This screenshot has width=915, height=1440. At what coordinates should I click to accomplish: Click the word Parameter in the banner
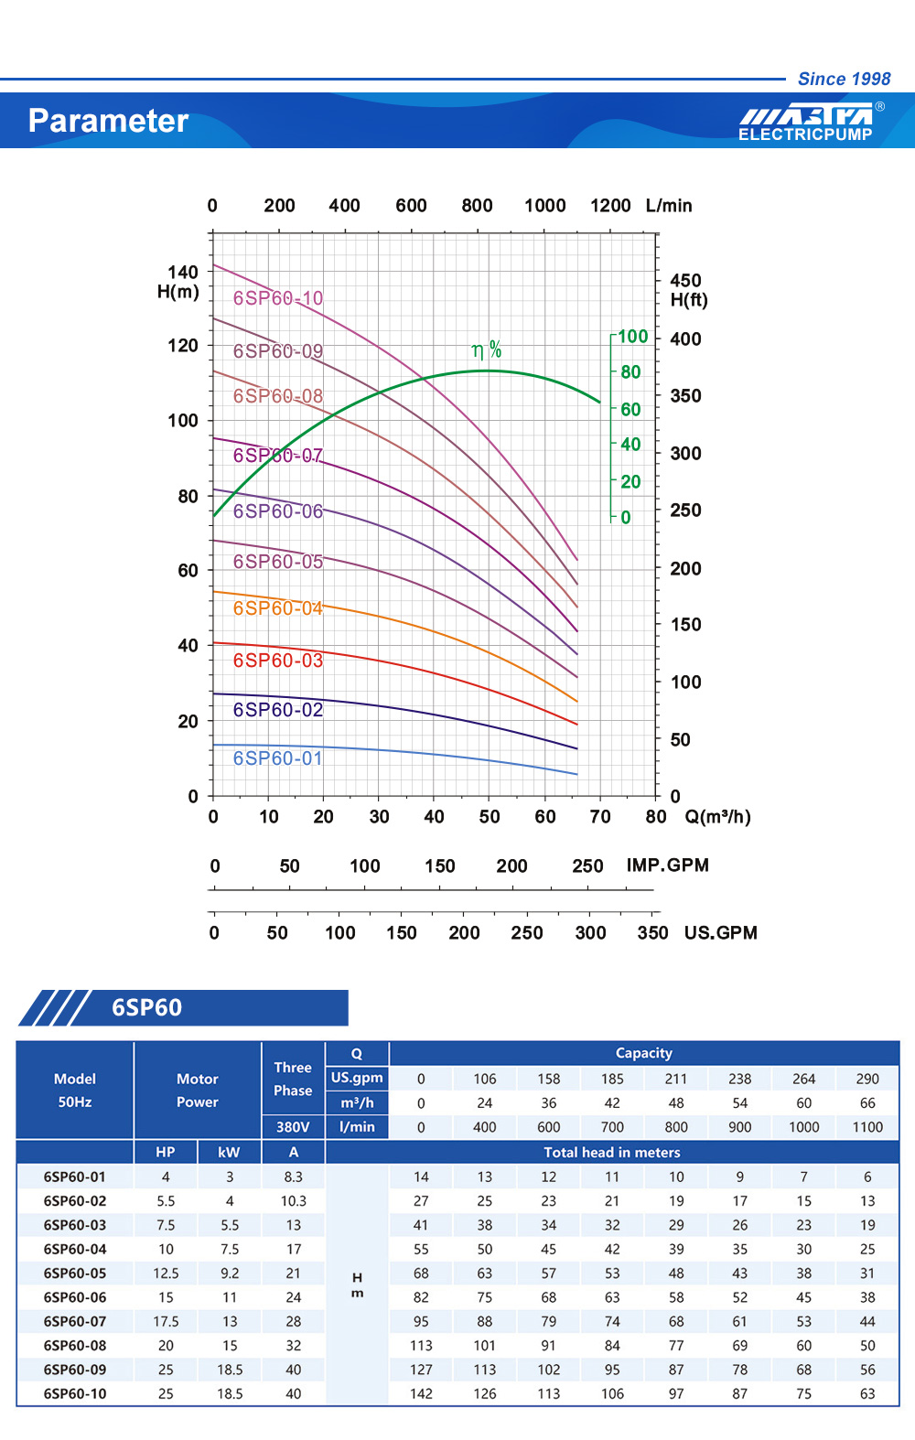[x=108, y=121]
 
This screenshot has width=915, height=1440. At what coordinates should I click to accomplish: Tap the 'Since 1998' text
[x=844, y=79]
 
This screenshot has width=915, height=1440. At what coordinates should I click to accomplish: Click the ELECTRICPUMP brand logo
[x=806, y=123]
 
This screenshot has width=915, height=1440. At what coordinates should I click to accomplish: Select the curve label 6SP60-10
[x=278, y=298]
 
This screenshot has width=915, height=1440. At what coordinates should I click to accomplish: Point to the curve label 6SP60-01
[x=278, y=758]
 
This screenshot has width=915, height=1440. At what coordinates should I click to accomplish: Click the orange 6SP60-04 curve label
[x=278, y=608]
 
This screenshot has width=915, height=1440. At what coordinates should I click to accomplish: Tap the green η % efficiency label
[x=486, y=349]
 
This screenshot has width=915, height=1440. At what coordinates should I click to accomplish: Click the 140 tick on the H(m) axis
[x=182, y=272]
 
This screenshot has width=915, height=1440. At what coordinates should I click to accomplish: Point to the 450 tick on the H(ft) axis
[x=685, y=280]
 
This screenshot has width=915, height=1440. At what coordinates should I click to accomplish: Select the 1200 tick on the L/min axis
[x=610, y=206]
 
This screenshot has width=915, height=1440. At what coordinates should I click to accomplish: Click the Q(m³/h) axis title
[x=718, y=816]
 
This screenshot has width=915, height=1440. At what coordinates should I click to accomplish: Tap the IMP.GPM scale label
[x=668, y=865]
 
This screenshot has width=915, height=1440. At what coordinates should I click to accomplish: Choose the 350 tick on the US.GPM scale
[x=652, y=933]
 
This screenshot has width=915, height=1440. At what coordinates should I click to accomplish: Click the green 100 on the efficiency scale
[x=632, y=337]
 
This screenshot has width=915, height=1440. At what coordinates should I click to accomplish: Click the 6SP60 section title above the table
[x=146, y=1007]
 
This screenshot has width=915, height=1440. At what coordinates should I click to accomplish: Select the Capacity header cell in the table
[x=643, y=1053]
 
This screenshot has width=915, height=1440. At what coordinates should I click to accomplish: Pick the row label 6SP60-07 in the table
[x=75, y=1321]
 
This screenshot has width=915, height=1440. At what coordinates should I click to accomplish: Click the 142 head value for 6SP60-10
[x=421, y=1393]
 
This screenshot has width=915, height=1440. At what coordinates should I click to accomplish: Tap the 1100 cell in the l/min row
[x=867, y=1127]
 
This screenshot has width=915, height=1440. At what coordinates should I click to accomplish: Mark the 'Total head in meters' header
[x=612, y=1152]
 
